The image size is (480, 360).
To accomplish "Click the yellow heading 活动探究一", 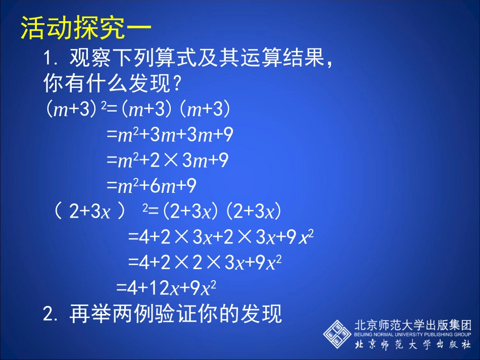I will (86, 29).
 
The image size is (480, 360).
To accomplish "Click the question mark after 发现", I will (176, 84).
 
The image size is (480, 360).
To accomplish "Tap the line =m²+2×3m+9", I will (167, 161).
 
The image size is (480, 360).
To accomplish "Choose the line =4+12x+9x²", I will (166, 287).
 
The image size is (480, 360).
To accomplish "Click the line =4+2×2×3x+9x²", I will (205, 263).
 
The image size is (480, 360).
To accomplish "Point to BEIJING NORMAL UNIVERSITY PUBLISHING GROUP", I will (413, 334).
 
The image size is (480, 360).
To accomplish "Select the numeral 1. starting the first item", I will (51, 60).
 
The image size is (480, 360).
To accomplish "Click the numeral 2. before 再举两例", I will (51, 315).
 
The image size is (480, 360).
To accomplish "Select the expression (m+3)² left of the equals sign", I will (75, 110).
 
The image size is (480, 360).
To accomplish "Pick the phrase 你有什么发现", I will (107, 84).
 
